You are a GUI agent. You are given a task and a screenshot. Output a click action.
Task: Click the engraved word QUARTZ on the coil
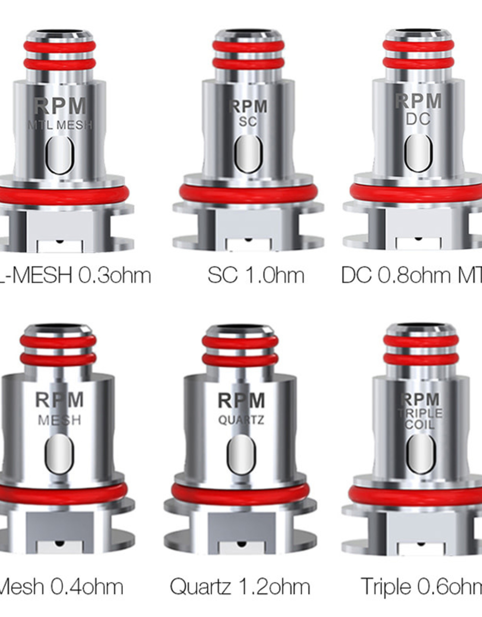[241, 420]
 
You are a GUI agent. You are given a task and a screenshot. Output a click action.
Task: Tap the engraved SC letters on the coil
[248, 121]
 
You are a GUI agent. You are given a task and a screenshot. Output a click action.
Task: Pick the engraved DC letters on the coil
[418, 119]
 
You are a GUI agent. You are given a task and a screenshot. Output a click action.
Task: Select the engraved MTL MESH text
[60, 125]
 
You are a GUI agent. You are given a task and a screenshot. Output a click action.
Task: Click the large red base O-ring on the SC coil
[248, 193]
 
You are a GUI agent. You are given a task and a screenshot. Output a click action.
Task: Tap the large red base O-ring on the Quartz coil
[240, 494]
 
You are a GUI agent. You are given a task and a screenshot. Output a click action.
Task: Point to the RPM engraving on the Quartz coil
[241, 401]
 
